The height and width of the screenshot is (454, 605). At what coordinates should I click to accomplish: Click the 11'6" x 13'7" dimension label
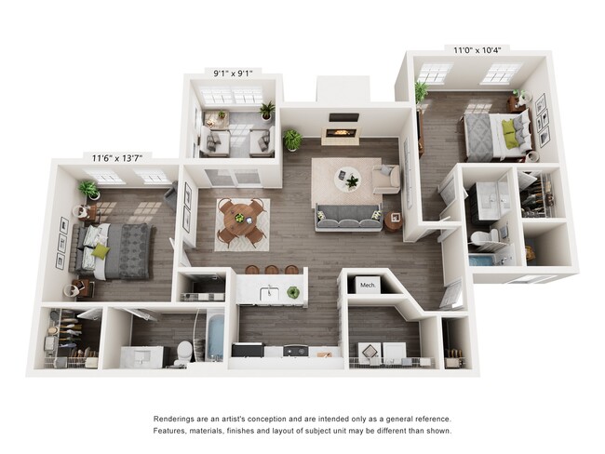pos(120,158)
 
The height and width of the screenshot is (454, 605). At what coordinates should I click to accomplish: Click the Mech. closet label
pos(367,285)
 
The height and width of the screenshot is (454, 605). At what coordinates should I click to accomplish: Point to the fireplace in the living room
pos(342,133)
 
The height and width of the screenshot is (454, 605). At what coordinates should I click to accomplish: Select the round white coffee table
pos(348,178)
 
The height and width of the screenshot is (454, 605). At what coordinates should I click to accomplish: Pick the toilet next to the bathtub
pos(183,352)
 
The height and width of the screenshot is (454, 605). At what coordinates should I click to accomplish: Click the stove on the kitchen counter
pos(295,351)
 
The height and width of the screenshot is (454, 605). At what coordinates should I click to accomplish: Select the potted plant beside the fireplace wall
pos(292,140)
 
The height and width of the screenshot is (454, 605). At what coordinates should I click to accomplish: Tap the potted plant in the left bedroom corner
pos(89,190)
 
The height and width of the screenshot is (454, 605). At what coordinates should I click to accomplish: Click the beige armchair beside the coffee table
pos(386,178)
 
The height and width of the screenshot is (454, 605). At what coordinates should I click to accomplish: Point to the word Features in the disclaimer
pos(172,431)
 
